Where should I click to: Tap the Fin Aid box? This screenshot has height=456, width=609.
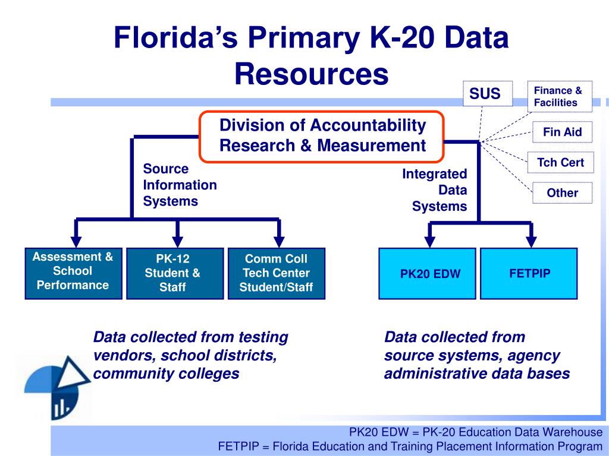pos(562,132)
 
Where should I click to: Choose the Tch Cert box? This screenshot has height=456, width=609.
pos(560,162)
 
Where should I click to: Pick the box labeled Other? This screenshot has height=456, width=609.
pos(562,193)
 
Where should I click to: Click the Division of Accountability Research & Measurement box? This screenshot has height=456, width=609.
pos(322,136)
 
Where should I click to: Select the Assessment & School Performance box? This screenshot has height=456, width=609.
pos(73,273)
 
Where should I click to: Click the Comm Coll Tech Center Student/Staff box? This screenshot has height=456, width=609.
pos(275,273)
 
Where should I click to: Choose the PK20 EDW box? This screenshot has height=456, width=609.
pos(429,273)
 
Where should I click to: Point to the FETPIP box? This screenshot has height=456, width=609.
pos(529,273)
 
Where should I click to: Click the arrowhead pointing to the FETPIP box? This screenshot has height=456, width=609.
pos(532,240)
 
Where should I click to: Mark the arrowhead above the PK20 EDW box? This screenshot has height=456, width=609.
pos(429,240)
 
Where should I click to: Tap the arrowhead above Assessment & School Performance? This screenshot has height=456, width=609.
pos(76,240)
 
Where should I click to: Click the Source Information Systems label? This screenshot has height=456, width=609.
pos(180,185)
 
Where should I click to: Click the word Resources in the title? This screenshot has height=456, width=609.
pos(311,74)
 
